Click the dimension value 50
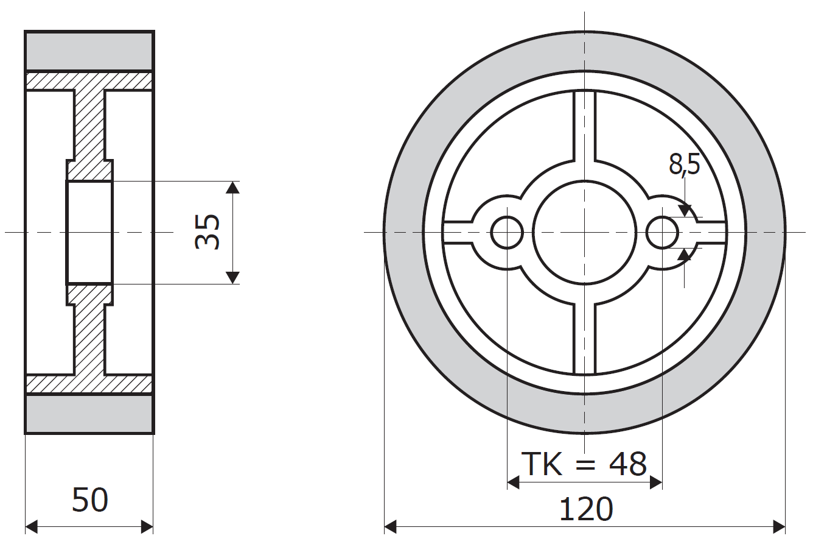[x=90, y=500]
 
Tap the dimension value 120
[x=586, y=509]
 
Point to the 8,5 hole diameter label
[x=684, y=164]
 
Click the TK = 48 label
[x=584, y=464]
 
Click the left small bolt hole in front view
[x=507, y=233]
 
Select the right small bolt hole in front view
[x=662, y=233]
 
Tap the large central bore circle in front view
[x=584, y=233]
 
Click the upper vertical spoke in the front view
[x=584, y=125]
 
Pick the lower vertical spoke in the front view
[x=584, y=339]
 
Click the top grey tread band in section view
[x=89, y=51]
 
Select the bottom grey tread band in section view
[x=89, y=414]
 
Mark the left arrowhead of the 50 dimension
[x=31, y=526]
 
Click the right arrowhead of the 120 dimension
[x=779, y=526]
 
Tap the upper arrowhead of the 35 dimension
[x=232, y=187]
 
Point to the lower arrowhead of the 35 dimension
[x=232, y=278]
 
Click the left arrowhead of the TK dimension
[x=513, y=482]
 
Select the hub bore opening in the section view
[x=89, y=233]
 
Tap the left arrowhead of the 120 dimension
[x=390, y=526]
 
